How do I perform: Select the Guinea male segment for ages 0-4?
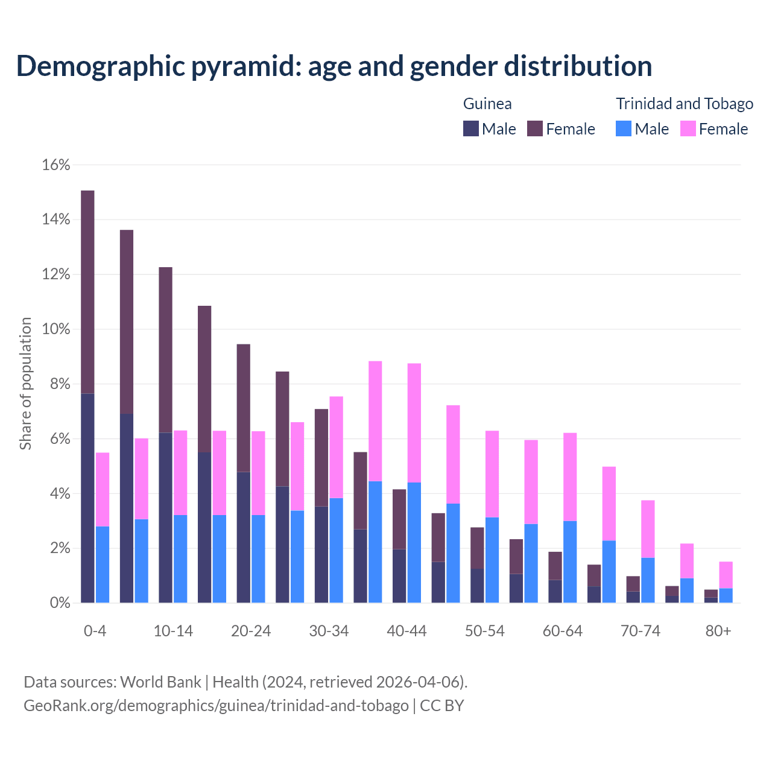[87, 498]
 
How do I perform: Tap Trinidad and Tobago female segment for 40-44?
[414, 423]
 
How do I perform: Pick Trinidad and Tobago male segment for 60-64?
[570, 562]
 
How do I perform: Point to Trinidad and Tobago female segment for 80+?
[726, 575]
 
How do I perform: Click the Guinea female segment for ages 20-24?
[243, 408]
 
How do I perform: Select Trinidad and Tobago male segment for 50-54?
[492, 560]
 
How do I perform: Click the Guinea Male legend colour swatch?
[471, 128]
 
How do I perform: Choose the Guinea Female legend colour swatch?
[535, 128]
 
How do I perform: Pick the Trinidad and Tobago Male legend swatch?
[624, 128]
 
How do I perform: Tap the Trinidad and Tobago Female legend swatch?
[688, 128]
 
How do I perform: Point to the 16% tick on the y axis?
[56, 165]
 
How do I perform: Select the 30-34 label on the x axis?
[329, 631]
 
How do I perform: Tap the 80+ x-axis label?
[718, 631]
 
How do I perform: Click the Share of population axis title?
[25, 384]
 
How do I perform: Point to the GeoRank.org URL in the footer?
[216, 705]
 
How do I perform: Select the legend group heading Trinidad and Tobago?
[684, 104]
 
